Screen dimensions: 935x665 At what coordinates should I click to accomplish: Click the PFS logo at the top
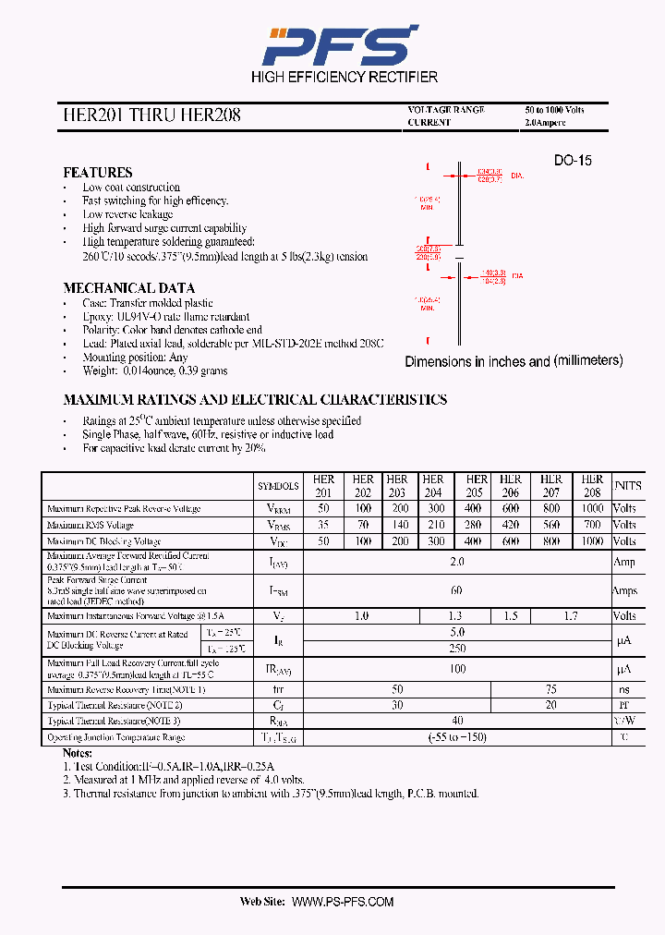(339, 44)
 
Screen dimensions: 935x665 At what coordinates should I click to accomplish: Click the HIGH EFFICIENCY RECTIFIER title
(345, 77)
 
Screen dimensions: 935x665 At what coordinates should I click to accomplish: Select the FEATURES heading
(97, 173)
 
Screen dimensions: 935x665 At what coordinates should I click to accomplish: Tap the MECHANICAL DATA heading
(128, 288)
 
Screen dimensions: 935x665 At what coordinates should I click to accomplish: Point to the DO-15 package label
(573, 161)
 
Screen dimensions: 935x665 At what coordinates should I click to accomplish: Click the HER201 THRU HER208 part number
(151, 115)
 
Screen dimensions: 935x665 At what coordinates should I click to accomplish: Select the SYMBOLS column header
(278, 486)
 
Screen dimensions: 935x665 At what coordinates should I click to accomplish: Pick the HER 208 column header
(592, 486)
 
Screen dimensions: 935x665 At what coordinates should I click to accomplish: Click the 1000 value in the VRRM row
(592, 509)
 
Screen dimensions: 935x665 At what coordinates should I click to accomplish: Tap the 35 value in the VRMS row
(323, 526)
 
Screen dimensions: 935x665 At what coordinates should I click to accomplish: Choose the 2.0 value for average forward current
(456, 562)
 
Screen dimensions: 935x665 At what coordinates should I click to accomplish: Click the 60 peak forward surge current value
(456, 590)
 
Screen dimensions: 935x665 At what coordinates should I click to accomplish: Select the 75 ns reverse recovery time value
(550, 690)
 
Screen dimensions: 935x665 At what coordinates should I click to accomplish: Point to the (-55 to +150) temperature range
(456, 737)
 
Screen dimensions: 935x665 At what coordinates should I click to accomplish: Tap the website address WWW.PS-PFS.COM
(343, 902)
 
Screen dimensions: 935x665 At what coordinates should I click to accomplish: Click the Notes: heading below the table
(80, 754)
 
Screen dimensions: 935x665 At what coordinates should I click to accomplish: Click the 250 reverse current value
(456, 649)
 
